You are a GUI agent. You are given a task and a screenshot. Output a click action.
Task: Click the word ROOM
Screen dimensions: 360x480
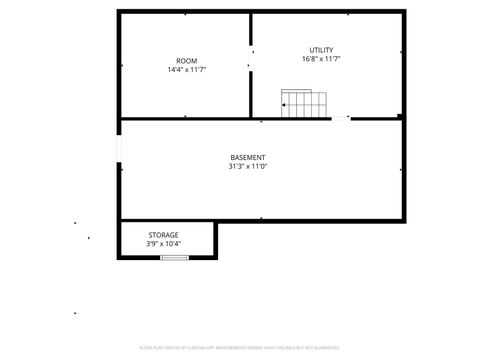(x=186, y=61)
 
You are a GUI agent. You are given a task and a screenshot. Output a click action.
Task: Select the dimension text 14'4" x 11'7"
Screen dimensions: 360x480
(x=186, y=70)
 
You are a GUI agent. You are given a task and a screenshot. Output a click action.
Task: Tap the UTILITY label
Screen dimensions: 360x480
(x=321, y=50)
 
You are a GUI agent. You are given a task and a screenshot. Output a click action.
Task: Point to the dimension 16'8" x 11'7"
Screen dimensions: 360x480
(x=321, y=59)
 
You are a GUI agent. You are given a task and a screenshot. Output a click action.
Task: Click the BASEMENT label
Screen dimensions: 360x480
(x=247, y=158)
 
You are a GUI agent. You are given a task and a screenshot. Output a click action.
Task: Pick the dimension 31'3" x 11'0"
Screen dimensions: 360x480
(x=247, y=167)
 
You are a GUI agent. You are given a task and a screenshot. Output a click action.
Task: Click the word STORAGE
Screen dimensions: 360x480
(x=164, y=235)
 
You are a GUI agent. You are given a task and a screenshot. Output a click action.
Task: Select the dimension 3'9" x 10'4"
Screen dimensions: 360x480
(x=164, y=244)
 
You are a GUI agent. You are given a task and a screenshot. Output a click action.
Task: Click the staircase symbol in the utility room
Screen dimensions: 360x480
(x=304, y=103)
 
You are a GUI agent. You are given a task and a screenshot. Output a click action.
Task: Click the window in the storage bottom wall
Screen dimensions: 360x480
(x=175, y=257)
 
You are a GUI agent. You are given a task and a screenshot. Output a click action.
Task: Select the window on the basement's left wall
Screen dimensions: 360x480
(x=119, y=149)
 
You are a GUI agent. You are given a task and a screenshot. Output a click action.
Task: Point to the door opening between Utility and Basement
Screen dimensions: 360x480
(x=341, y=118)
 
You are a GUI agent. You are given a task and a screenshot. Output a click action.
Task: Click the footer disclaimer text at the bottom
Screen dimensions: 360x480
(x=240, y=347)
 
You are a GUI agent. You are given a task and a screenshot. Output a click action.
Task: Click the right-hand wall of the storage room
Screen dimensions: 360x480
(x=216, y=240)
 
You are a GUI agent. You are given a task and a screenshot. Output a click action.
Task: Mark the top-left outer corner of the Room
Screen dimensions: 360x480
(x=119, y=12)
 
